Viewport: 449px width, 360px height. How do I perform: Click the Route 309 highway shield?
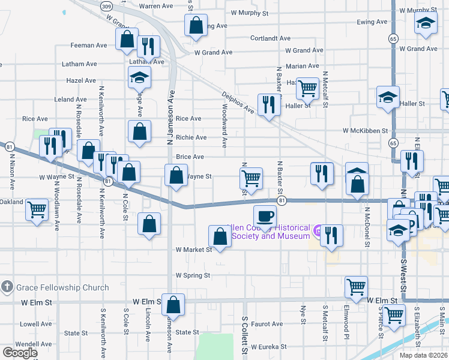coord(106,5)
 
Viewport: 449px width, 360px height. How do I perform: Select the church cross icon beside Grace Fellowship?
coord(7,286)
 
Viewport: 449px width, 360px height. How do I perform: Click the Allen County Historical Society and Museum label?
coord(268,232)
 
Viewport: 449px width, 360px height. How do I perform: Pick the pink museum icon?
coord(318,230)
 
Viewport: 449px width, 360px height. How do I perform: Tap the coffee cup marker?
coord(265,215)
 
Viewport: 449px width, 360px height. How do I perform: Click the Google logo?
coord(20,353)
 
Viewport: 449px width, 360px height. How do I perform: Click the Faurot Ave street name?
coord(267,324)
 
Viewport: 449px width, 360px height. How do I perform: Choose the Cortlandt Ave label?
coord(270,38)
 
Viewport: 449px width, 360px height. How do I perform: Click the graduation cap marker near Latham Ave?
coord(139,77)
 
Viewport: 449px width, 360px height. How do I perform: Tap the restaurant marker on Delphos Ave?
coord(269,104)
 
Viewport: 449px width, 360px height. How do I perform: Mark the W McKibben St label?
coord(366,130)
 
